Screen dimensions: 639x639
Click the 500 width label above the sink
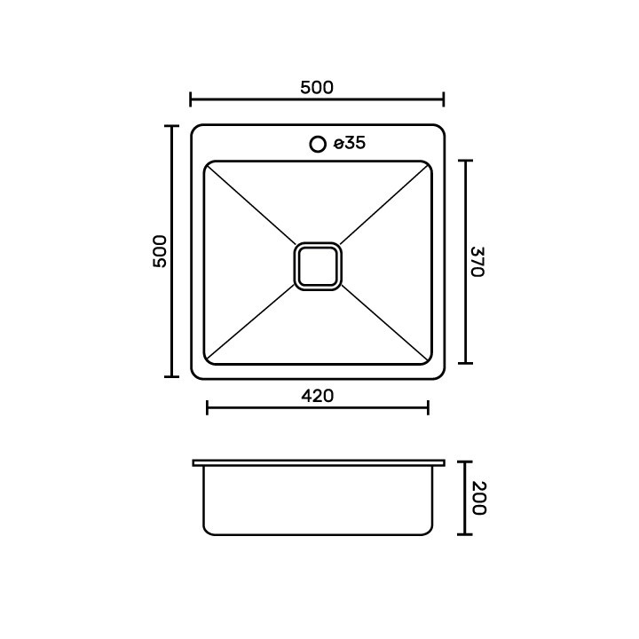click(317, 88)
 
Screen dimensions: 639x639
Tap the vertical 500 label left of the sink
click(160, 251)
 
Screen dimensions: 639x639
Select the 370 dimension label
click(477, 262)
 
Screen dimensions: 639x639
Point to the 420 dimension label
click(318, 396)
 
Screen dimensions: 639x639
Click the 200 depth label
click(479, 498)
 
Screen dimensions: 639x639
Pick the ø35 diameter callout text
click(350, 143)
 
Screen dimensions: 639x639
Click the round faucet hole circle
click(318, 145)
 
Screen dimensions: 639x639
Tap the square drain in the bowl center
click(318, 266)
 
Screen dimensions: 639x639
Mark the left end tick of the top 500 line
click(190, 99)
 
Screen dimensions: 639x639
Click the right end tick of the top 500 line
click(444, 99)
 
